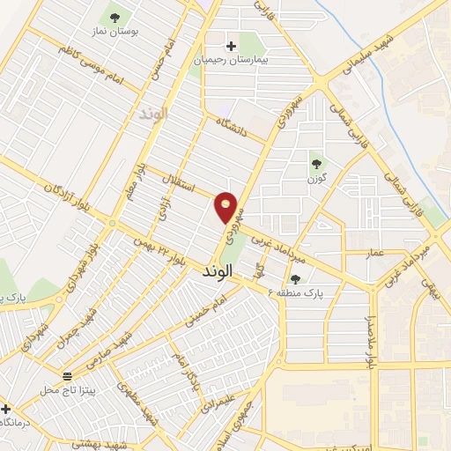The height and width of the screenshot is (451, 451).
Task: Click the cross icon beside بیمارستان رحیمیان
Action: [x=232, y=46]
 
